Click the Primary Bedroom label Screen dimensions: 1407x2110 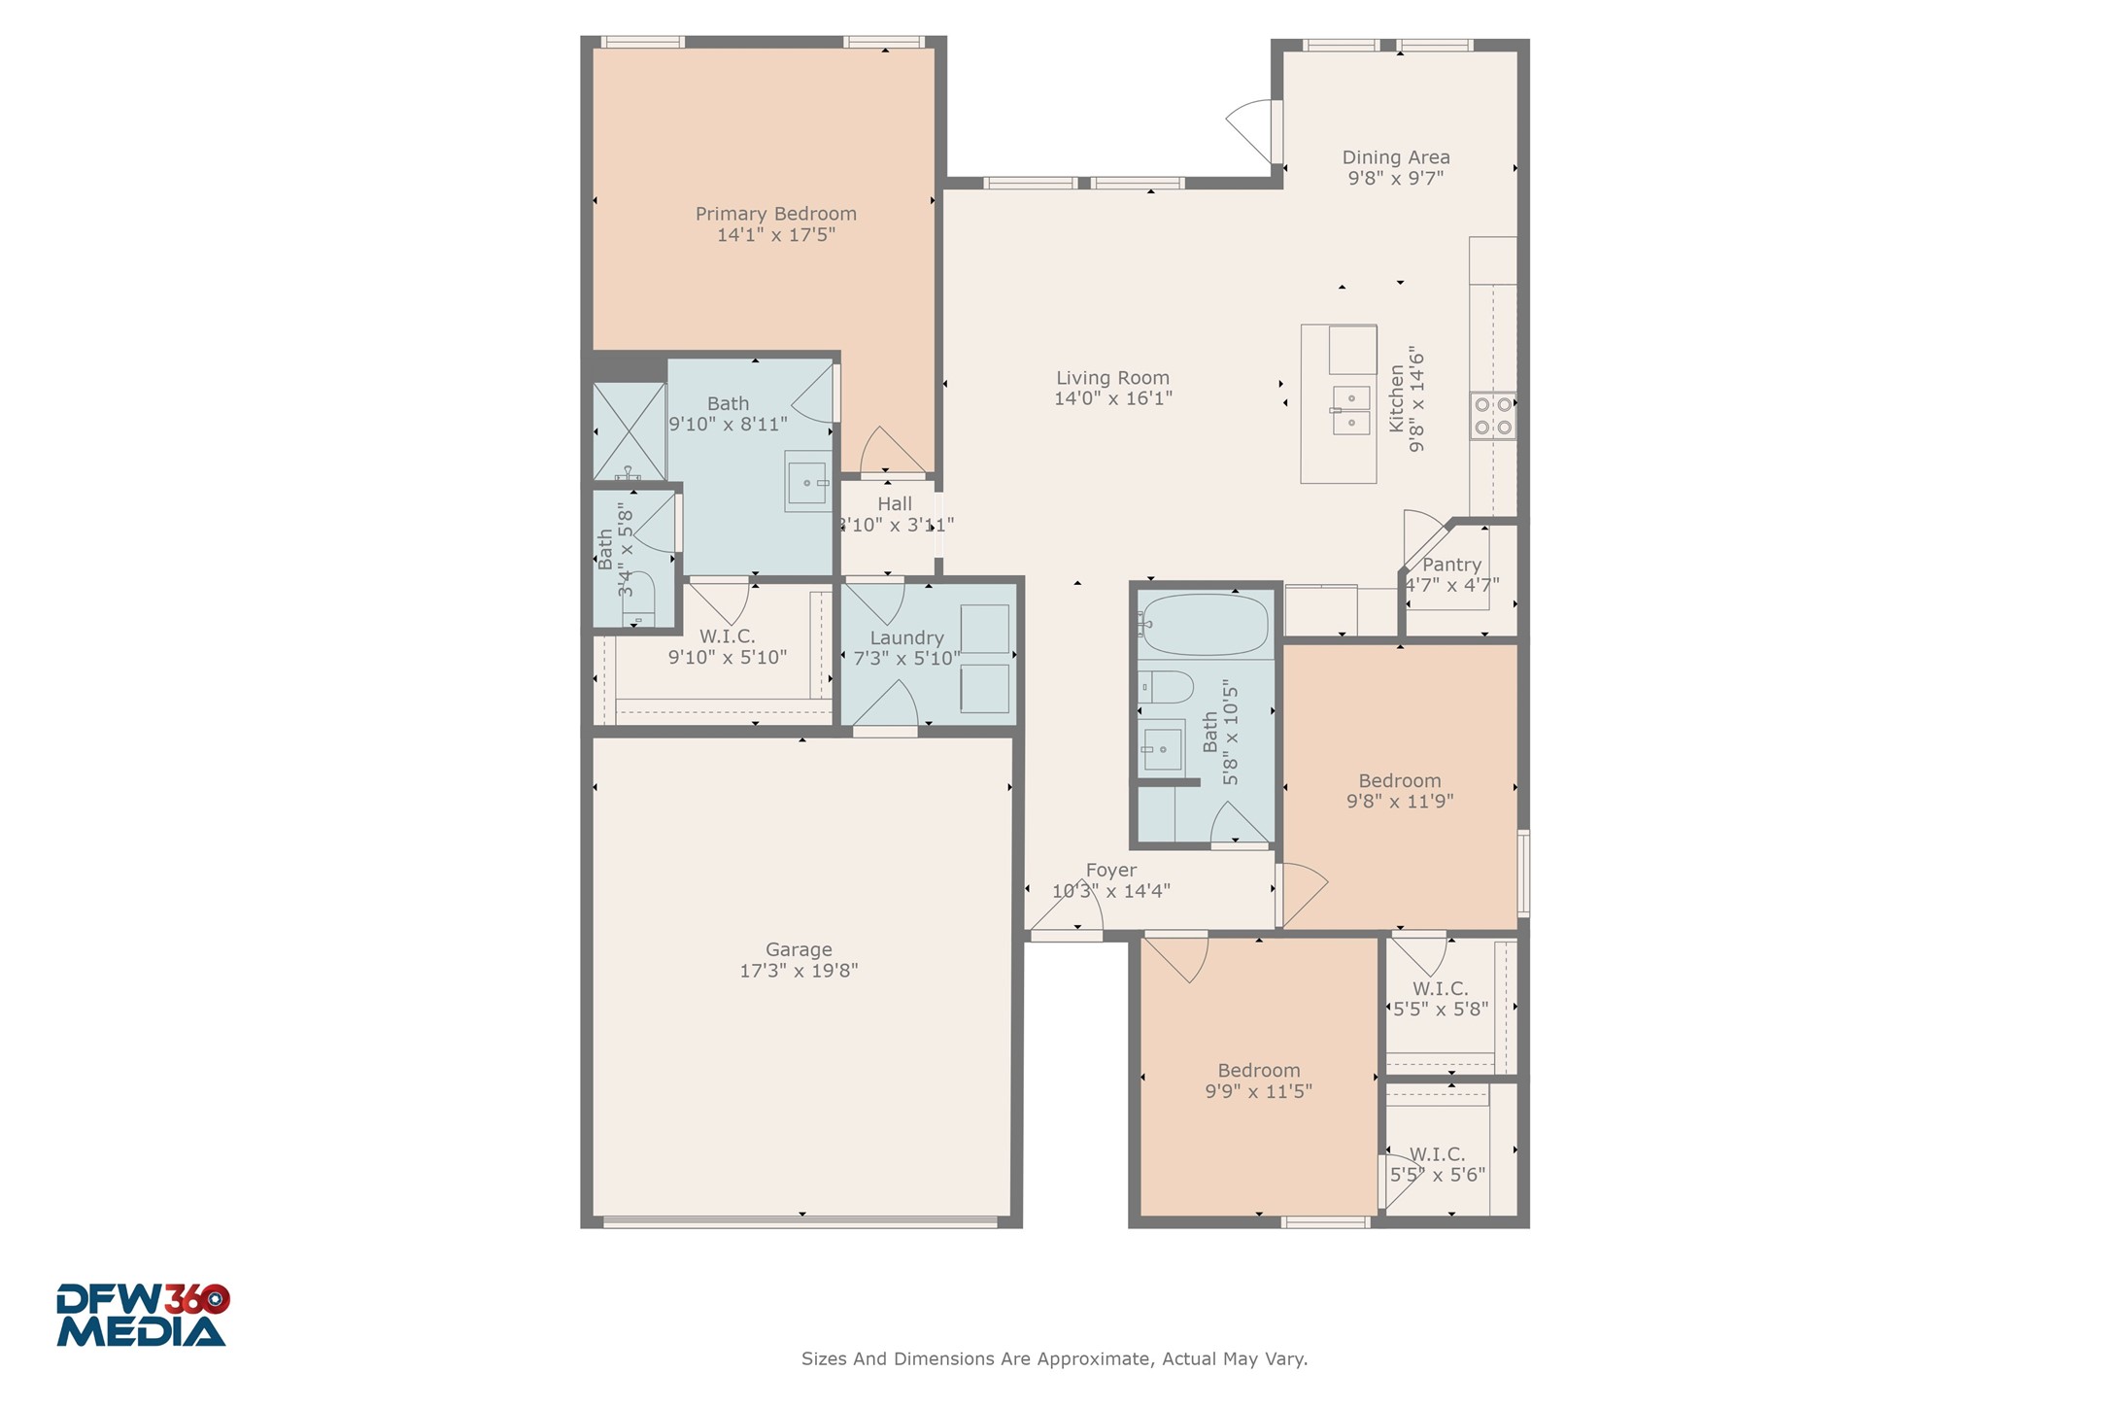[775, 214]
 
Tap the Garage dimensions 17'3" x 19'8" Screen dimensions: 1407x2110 [799, 971]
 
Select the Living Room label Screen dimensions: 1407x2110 [1112, 378]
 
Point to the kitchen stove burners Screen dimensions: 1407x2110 [1492, 416]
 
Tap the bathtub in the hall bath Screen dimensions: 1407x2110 [1205, 625]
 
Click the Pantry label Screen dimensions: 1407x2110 [1451, 565]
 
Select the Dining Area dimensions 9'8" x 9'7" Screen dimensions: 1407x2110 [1395, 179]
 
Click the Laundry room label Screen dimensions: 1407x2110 [906, 638]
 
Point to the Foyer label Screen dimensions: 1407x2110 [1110, 871]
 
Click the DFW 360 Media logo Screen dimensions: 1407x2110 [142, 1316]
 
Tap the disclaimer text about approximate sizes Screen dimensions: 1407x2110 [1054, 1359]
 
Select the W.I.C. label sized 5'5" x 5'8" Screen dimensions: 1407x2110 [1440, 988]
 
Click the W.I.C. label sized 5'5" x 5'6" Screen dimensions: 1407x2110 [1437, 1154]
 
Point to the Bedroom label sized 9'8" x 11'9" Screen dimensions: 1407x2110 [1399, 781]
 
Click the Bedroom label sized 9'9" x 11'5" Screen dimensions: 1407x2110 [1258, 1071]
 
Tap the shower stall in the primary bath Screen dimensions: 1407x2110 [630, 430]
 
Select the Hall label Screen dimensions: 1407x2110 [894, 504]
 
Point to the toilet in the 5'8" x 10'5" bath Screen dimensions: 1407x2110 [1166, 687]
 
